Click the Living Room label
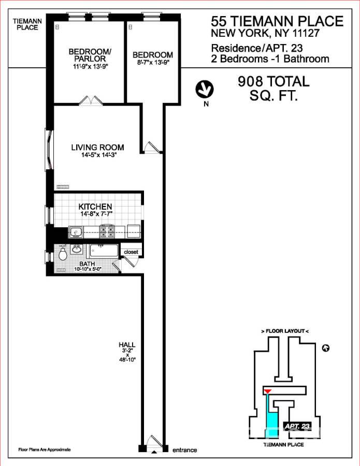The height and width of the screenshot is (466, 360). pos(97,148)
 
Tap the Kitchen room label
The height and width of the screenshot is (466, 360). pos(95,207)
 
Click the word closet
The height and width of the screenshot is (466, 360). pos(130,252)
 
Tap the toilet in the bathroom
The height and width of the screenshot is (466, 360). pos(63,253)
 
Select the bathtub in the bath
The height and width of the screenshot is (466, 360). pos(104,251)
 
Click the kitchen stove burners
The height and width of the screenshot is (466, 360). pos(107,230)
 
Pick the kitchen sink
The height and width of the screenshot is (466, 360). pos(76,231)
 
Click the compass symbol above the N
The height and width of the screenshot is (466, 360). pos(205,89)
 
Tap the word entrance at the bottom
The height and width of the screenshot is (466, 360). pos(184,450)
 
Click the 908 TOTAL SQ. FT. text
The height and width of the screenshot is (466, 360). pos(273,88)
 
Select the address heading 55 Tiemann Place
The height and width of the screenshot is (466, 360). pos(277,21)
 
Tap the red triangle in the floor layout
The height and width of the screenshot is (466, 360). pos(267,390)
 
